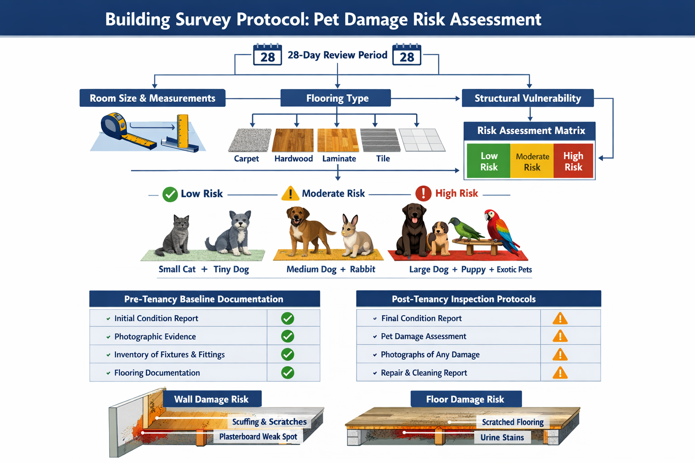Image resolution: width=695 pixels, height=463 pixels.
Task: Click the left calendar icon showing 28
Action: pos(267,55)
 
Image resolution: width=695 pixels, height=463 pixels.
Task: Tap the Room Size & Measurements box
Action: pos(152,98)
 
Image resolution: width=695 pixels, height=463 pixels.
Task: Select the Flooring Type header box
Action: pos(336,98)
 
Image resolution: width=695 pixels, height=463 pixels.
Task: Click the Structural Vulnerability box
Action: pos(528,98)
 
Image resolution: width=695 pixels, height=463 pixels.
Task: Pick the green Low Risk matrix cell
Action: pos(489,161)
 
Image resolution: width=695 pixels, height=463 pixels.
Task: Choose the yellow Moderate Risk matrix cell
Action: pos(532,161)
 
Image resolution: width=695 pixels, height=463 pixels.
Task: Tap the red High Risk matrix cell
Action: pos(573,161)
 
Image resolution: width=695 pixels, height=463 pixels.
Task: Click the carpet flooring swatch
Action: pos(249,140)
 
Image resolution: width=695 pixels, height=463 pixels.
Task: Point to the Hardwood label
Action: pos(294,159)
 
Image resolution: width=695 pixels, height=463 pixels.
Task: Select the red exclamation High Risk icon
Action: pos(423,194)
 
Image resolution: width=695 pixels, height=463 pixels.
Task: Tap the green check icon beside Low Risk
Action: pos(170,194)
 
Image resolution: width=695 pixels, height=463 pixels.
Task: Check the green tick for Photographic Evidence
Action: pos(288,336)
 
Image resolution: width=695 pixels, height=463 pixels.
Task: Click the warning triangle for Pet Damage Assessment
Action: pos(560,336)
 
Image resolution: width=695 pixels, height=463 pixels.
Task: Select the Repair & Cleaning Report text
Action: pos(424,373)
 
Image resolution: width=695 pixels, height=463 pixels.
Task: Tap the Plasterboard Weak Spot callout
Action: pos(258,437)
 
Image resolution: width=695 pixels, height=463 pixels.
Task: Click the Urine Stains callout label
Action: pos(502,438)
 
